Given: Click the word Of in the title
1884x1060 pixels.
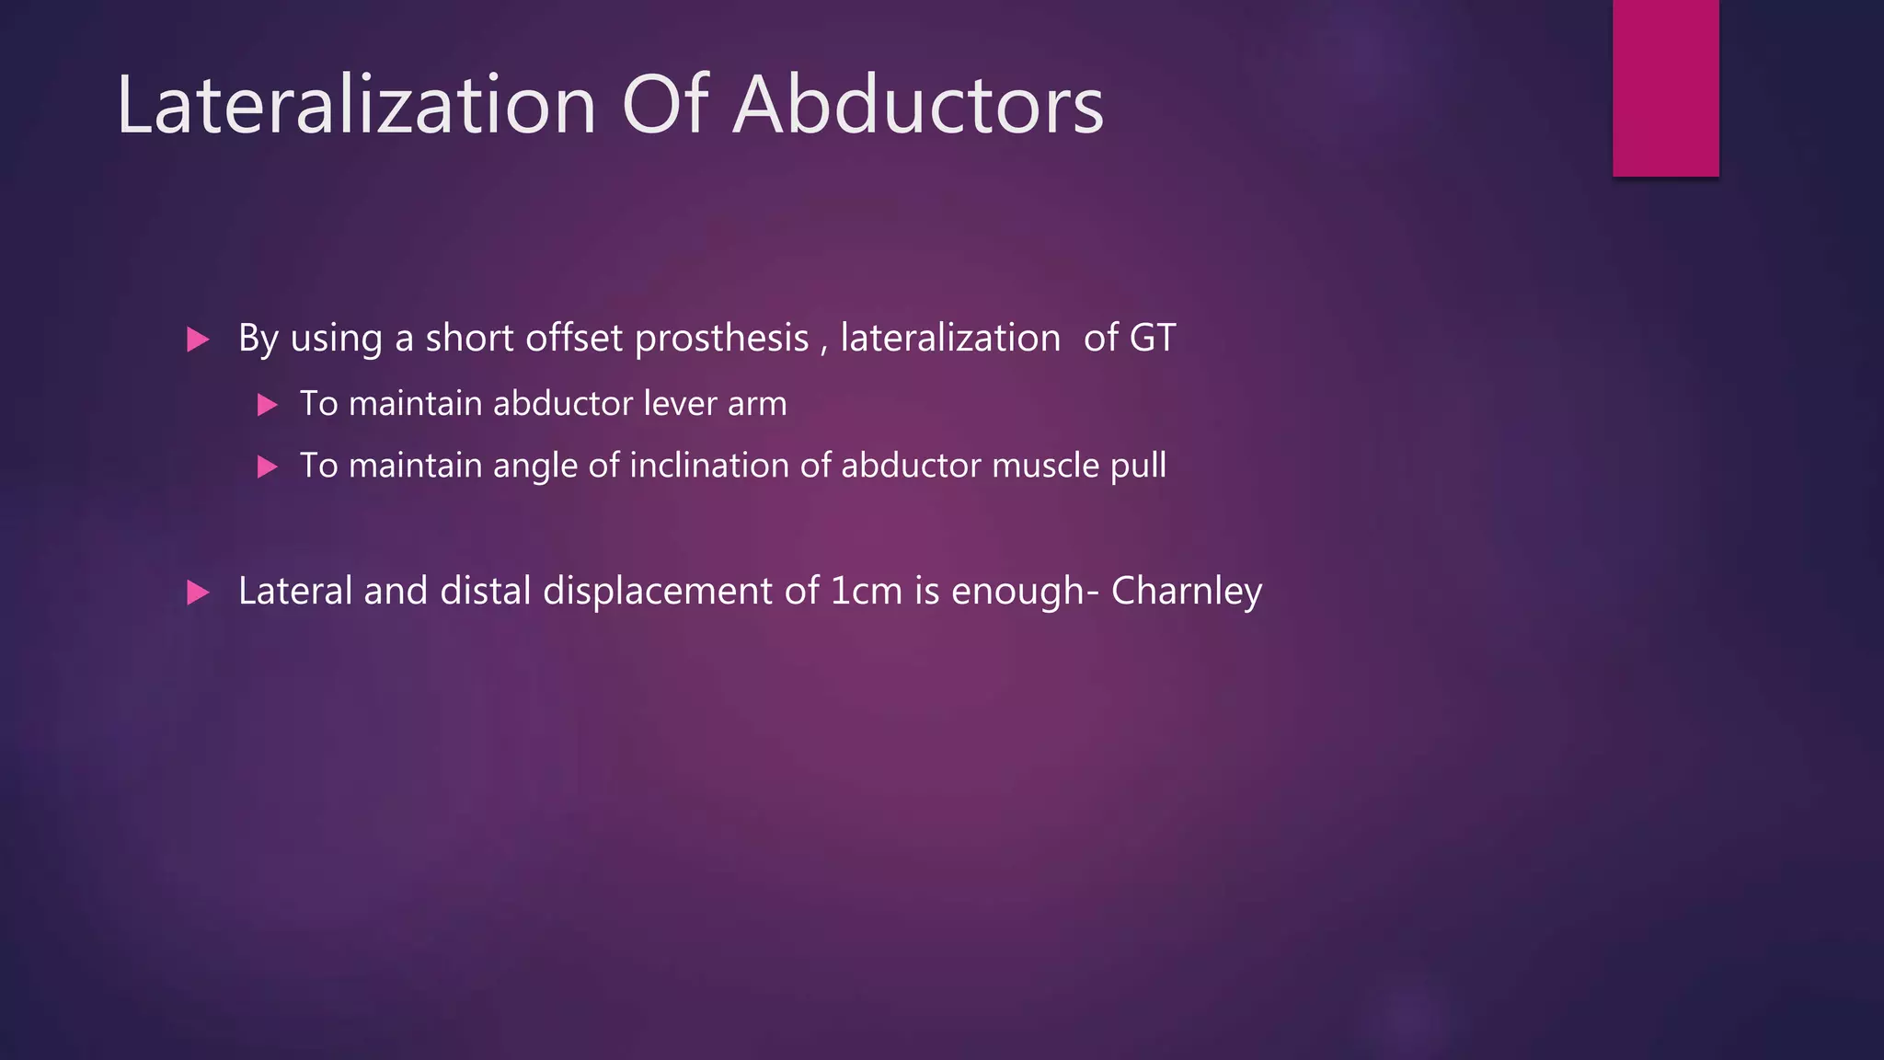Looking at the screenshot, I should tap(664, 105).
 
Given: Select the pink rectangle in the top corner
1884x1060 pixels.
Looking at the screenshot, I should tap(1665, 87).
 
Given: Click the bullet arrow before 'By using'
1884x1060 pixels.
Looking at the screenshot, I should tap(198, 340).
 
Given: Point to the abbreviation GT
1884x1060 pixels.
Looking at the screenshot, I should tap(1152, 338).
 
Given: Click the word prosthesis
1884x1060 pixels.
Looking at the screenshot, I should tap(721, 339).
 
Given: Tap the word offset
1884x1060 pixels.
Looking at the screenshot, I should tap(574, 338).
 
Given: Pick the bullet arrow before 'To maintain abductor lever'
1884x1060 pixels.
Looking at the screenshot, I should tap(267, 405).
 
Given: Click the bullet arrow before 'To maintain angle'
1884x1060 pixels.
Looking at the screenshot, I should tap(267, 467).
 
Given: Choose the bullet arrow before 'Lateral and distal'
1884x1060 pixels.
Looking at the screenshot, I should tap(198, 592).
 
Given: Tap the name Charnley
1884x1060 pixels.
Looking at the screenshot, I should tap(1186, 592).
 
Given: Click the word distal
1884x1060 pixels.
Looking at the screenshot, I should tap(485, 591).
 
